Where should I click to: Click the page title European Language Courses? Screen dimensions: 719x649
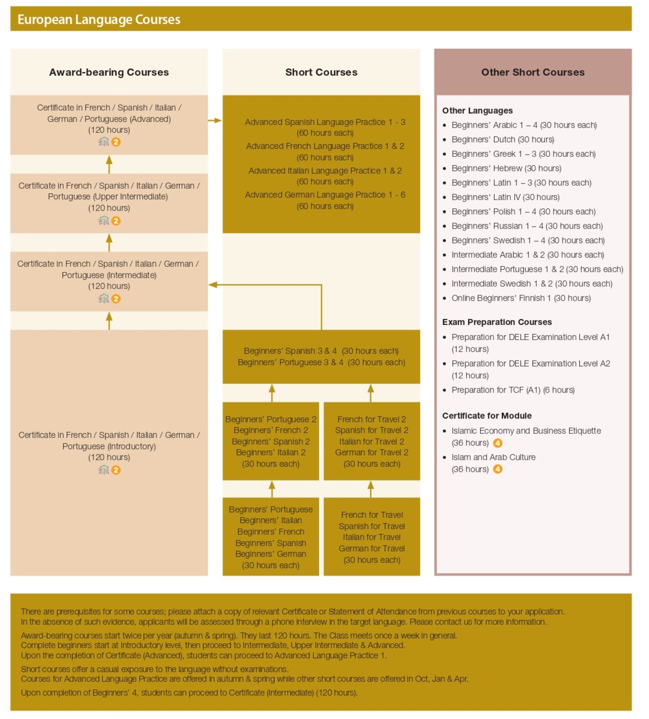tap(99, 19)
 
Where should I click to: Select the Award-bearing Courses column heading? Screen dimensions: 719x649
tap(109, 72)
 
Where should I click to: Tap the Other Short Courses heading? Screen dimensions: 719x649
tap(533, 72)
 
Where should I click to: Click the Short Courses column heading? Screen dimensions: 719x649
tap(321, 72)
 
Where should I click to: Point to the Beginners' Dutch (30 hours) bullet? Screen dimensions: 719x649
tap(502, 139)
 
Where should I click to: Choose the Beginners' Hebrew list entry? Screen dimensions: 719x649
tap(506, 168)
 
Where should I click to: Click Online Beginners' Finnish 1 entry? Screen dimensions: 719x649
tap(521, 298)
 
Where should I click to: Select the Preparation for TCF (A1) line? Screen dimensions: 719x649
tap(513, 390)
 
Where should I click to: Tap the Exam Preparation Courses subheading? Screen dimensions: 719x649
tap(496, 322)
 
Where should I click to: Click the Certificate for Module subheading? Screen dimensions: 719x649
tap(487, 415)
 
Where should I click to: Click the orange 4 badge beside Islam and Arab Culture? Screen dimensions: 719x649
tap(498, 469)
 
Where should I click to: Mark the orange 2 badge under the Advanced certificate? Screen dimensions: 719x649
tap(116, 142)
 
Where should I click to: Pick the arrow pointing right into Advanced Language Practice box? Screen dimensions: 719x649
tap(216, 120)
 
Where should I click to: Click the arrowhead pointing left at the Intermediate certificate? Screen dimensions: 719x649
tap(213, 284)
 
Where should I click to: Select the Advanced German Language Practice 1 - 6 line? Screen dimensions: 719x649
tap(325, 195)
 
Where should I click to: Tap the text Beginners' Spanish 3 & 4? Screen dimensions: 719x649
tap(290, 351)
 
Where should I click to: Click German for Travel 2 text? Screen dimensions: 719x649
tap(372, 452)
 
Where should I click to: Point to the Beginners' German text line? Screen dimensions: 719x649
tap(270, 554)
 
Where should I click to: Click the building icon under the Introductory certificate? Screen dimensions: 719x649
tap(103, 470)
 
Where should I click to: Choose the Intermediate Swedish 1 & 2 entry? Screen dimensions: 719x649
tap(532, 283)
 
